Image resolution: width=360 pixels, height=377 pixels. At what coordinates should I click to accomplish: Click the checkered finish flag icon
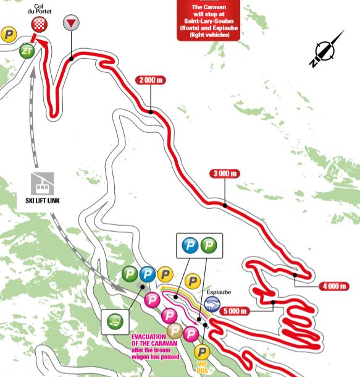tap(39, 24)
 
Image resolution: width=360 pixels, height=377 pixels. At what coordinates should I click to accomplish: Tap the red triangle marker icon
tap(72, 23)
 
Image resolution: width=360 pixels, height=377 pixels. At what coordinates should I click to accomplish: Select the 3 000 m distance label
tap(225, 174)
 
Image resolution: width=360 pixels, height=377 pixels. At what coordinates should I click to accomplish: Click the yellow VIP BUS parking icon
tap(201, 352)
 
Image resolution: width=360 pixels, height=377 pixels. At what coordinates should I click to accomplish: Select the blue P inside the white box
tap(190, 247)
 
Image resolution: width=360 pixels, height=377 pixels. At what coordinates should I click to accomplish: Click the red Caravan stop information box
tap(208, 20)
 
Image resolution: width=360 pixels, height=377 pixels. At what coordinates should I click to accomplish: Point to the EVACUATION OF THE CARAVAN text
tap(154, 340)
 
